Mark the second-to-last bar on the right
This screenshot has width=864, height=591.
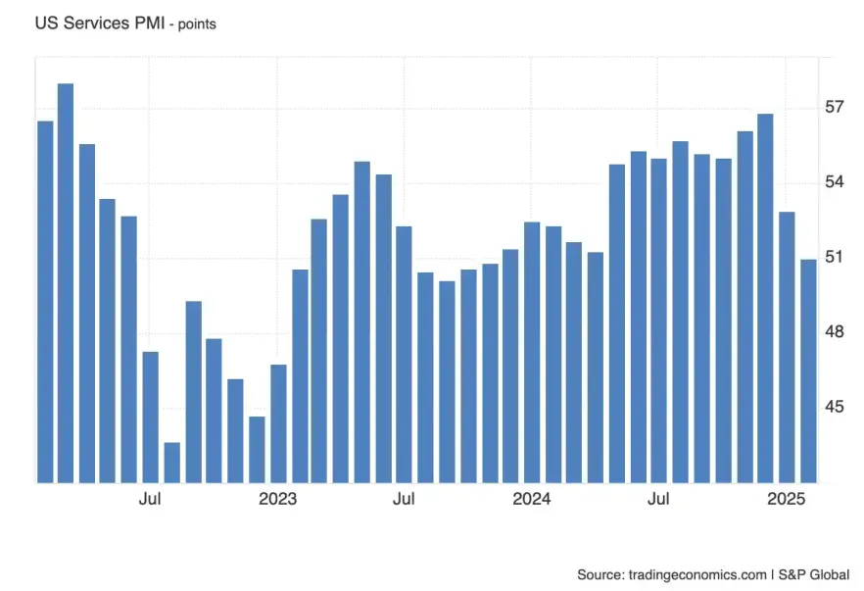point(787,347)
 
